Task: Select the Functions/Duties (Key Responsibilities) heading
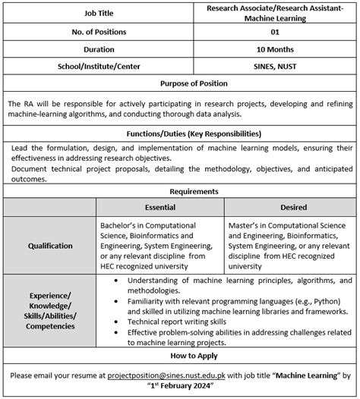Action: (x=180, y=134)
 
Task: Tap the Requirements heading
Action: (x=180, y=192)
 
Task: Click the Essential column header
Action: (x=160, y=207)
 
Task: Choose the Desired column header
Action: (x=292, y=207)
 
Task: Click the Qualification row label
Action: (x=50, y=246)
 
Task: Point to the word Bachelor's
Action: (x=120, y=225)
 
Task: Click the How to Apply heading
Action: (x=180, y=355)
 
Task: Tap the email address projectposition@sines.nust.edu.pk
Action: (x=161, y=374)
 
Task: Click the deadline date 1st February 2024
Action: (x=180, y=385)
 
